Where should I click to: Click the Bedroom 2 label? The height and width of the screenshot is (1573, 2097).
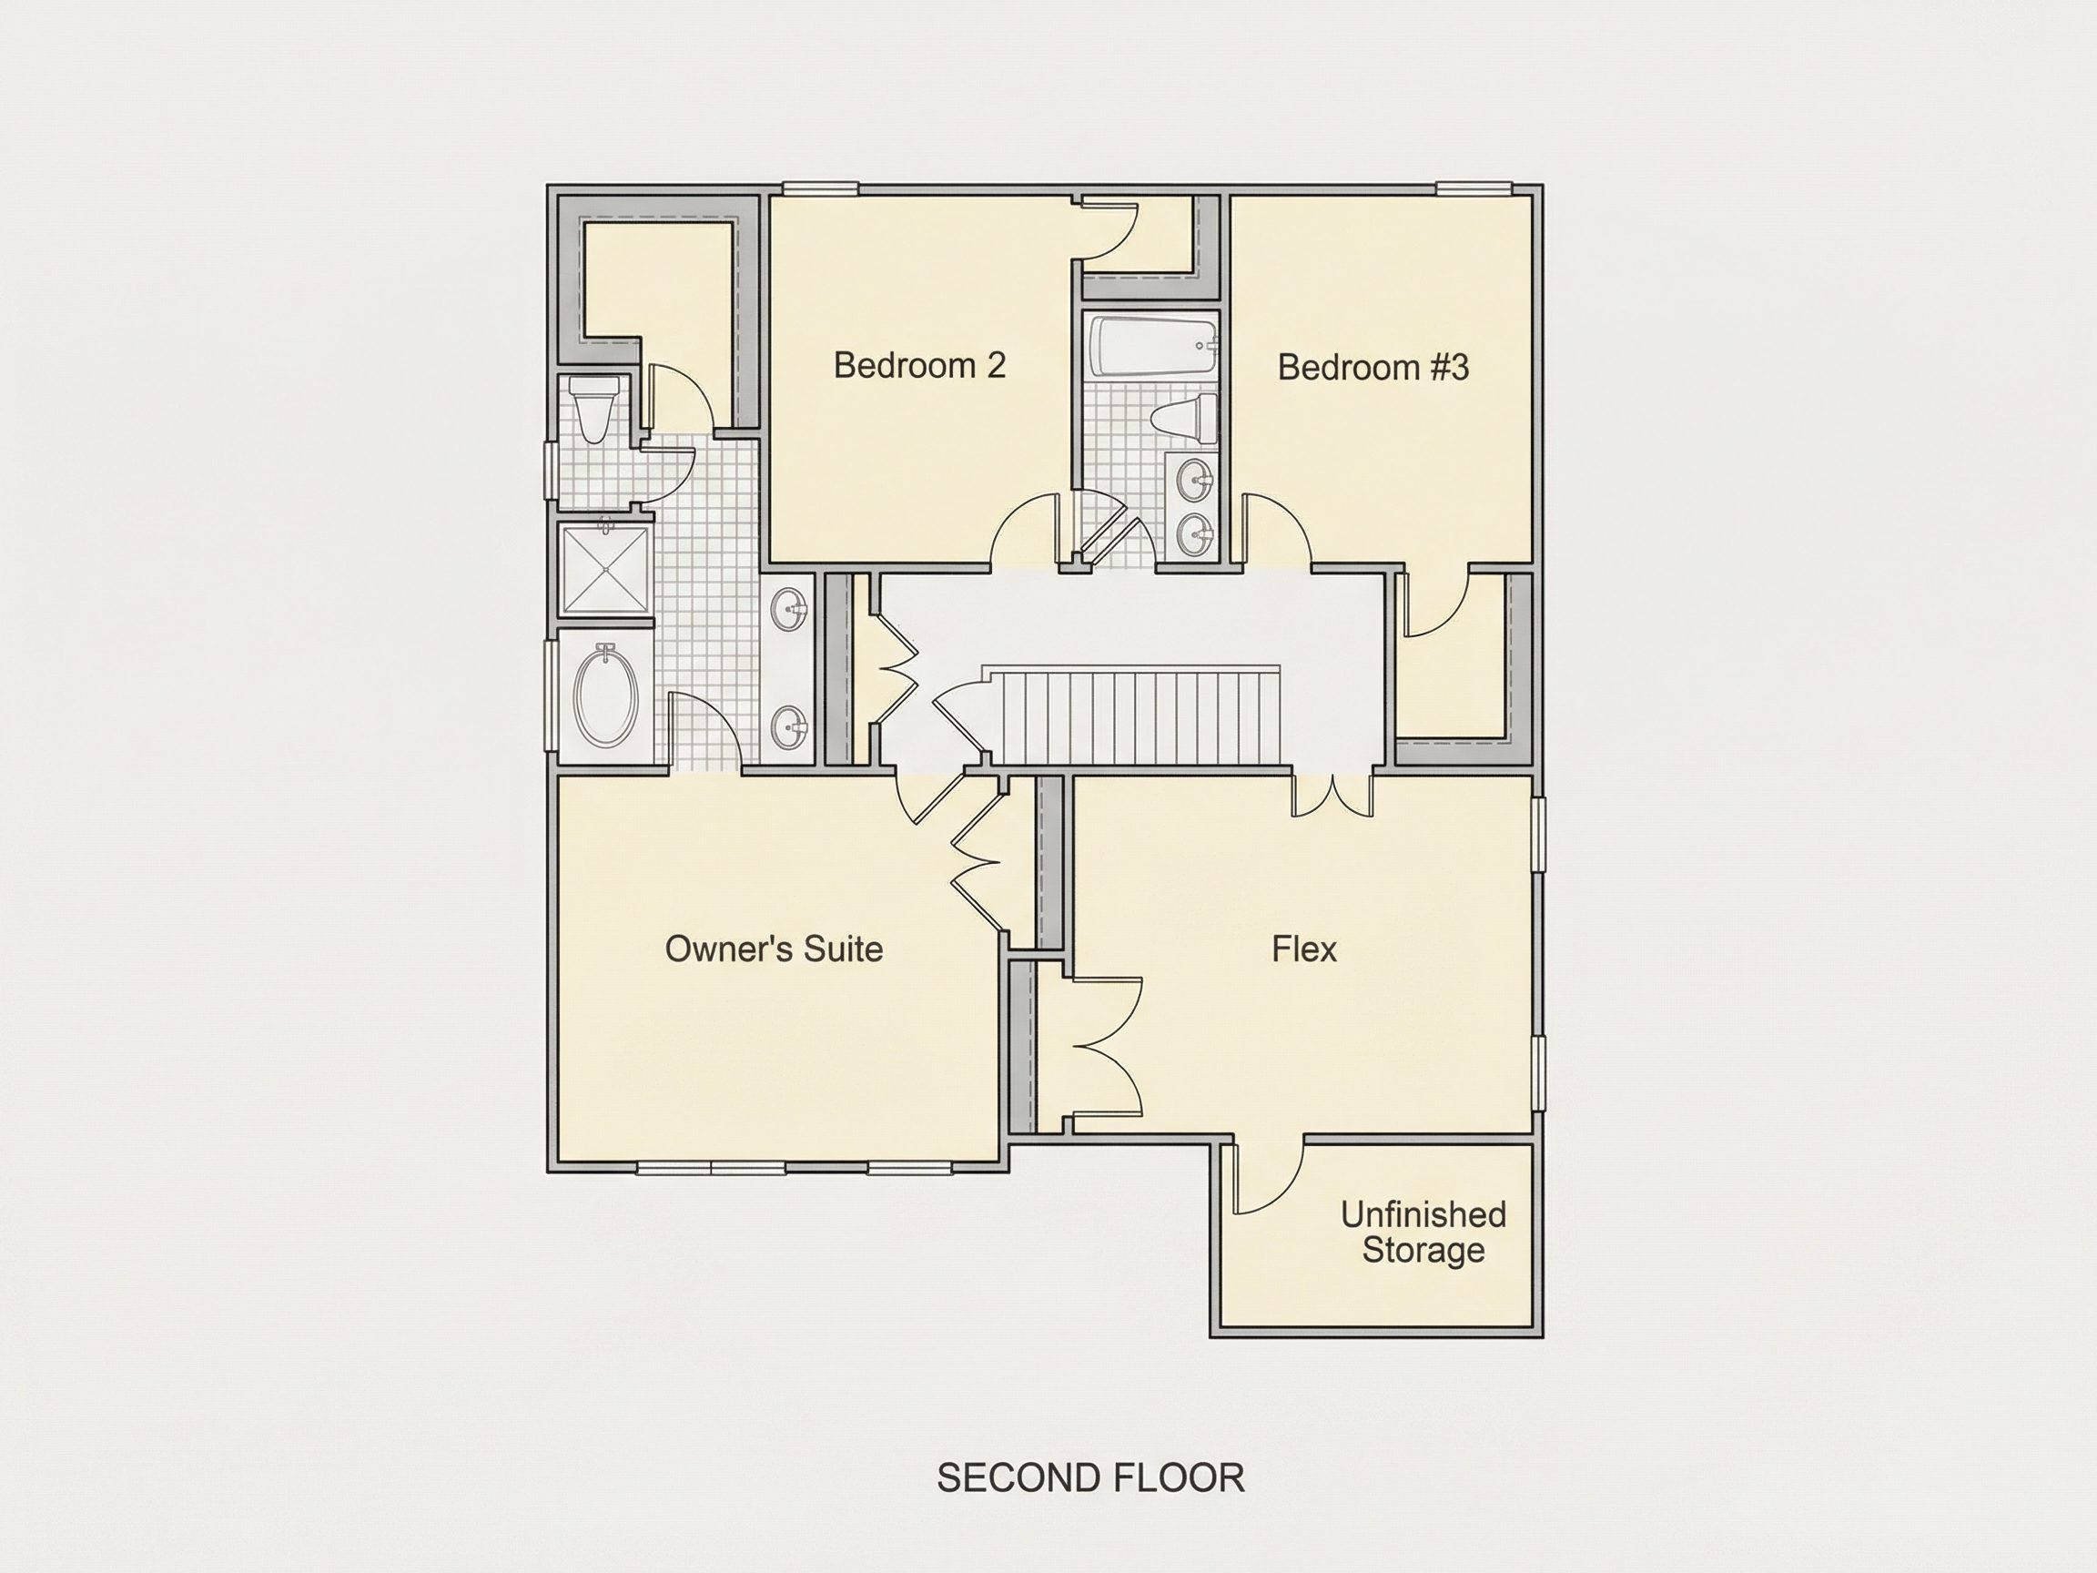point(918,365)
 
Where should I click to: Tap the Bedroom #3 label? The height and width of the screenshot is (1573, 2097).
point(1373,367)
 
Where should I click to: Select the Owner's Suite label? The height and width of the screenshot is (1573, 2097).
point(774,949)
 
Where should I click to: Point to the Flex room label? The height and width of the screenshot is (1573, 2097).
point(1303,949)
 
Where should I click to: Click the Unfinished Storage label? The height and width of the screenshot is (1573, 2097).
point(1423,1232)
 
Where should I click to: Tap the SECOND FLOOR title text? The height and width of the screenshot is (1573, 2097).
point(1090,1478)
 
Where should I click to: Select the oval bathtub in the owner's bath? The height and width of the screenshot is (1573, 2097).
point(606,694)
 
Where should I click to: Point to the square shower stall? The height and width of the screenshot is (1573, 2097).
point(606,570)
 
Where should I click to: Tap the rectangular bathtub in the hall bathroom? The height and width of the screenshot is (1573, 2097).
point(1153,345)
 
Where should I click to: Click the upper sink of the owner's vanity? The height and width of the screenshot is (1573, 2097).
point(789,609)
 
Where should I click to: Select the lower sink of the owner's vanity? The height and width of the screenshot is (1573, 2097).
point(789,728)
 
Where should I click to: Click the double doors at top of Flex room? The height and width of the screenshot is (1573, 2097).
point(1332,797)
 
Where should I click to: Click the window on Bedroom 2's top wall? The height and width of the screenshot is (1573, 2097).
point(821,188)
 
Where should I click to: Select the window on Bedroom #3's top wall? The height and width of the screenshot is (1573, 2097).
point(1474,188)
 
